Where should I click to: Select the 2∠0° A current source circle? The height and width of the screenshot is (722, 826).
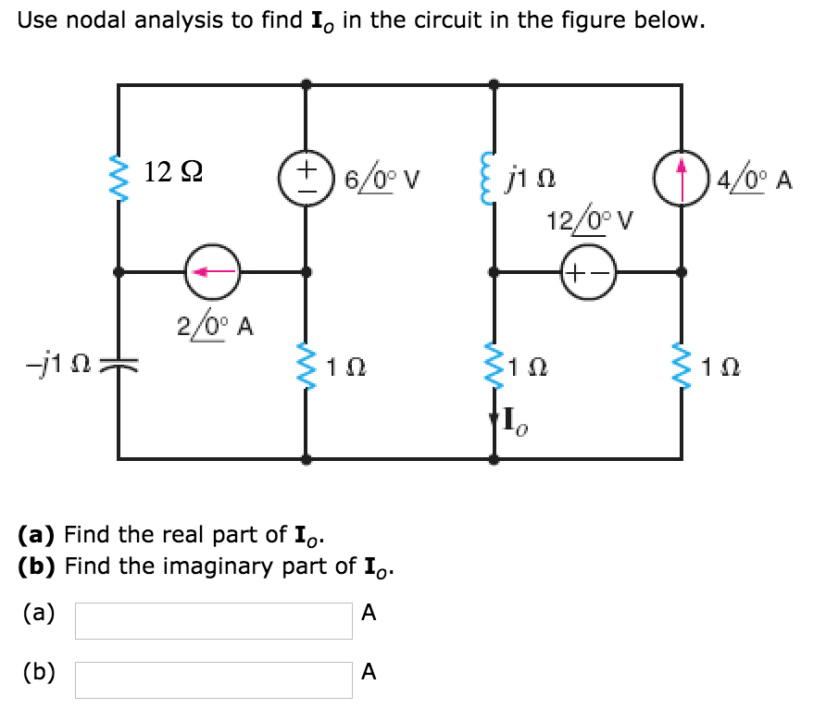213,272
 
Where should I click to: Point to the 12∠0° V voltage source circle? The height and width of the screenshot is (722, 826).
587,273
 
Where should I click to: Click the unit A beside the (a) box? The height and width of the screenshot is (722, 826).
369,614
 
